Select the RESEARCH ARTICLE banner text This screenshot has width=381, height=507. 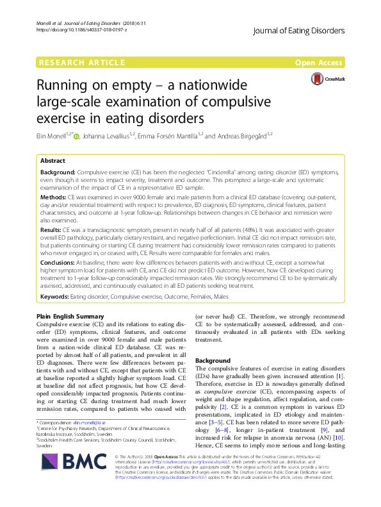(x=81, y=62)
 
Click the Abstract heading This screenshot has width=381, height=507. (x=52, y=162)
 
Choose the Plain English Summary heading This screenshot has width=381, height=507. (x=68, y=317)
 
